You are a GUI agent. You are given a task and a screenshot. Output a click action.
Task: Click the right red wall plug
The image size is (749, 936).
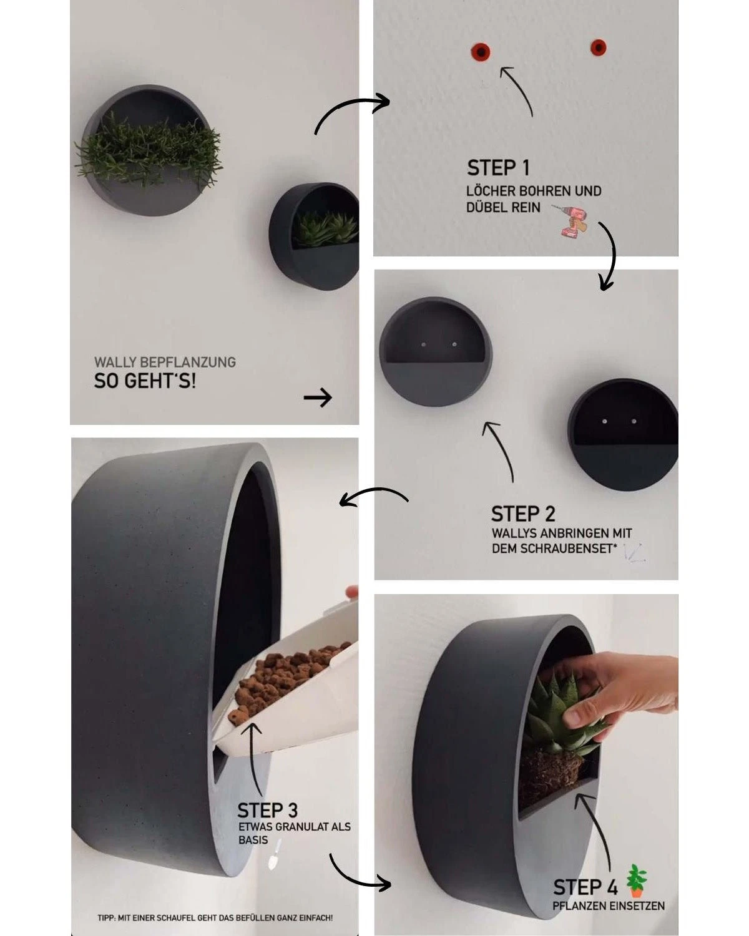599,47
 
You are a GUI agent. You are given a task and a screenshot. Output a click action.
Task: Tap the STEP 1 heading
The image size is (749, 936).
498,168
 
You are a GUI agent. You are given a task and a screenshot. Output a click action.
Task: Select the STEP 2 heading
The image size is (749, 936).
523,514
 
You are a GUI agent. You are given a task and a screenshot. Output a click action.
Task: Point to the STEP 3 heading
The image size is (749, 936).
268,811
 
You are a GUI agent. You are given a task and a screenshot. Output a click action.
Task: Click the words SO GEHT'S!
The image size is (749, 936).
145,381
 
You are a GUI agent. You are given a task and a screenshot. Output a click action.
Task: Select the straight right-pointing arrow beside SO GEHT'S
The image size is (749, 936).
318,397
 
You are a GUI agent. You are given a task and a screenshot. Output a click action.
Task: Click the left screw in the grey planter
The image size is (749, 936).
423,344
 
